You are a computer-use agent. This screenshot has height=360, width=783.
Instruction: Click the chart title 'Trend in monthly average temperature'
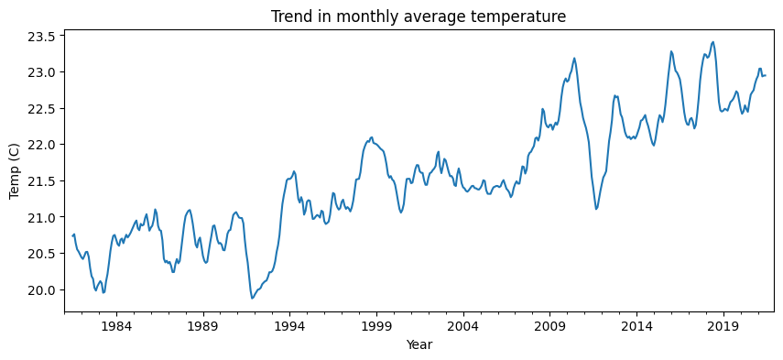pos(419,16)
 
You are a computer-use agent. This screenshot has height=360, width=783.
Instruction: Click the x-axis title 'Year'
pos(419,345)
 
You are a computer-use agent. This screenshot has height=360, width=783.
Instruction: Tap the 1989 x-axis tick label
pos(202,326)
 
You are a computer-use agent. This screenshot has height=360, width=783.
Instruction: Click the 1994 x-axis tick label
pos(289,326)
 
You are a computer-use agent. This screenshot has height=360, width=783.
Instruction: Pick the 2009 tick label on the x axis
pos(550,326)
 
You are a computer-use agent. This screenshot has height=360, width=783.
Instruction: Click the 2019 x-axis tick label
pos(723,326)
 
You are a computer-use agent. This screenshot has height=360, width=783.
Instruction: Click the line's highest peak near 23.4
pos(712,42)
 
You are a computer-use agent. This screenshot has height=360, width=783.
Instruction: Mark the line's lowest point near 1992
pos(252,298)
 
